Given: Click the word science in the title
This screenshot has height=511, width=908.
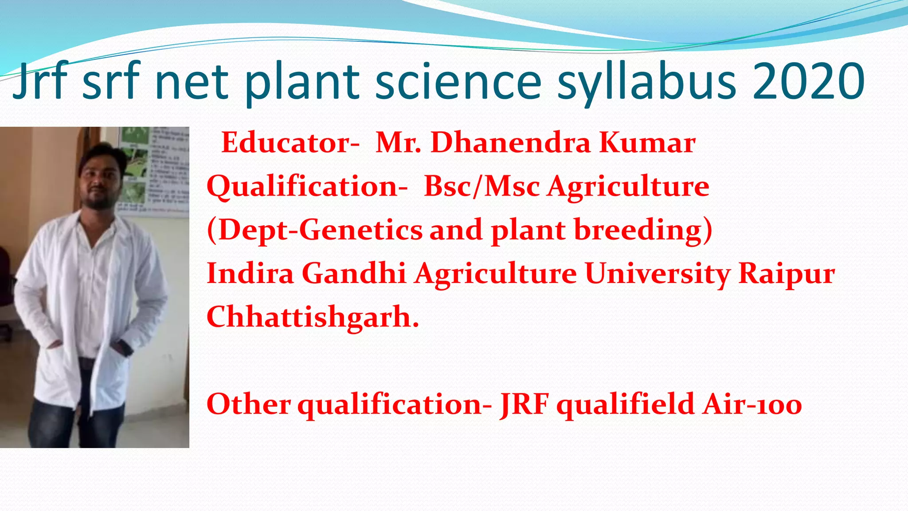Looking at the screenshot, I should coord(458,82).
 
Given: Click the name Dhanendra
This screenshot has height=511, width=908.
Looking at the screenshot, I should coord(511,143).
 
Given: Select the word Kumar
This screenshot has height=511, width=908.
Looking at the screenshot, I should coord(647,143).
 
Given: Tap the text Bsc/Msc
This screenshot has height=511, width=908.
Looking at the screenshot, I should coord(481,186).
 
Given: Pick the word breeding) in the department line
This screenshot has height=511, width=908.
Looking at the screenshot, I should coord(643,231).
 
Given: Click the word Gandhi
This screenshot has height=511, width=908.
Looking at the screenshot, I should coord(354,273).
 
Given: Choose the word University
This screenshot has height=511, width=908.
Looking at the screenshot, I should coord(657,274).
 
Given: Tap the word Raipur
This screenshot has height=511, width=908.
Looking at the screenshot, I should coord(787,274).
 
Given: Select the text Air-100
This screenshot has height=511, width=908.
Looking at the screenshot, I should coord(752,405).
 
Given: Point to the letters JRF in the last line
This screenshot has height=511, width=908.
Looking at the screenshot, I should coord(524,405).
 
